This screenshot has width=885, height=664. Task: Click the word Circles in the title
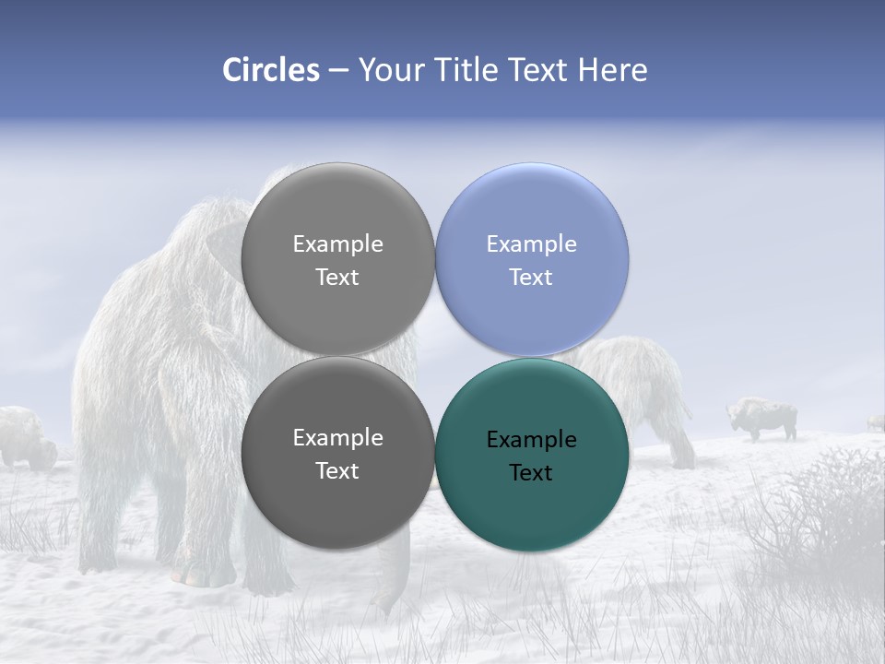(x=271, y=70)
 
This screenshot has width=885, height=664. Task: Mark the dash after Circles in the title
(x=337, y=71)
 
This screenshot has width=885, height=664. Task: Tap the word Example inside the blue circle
(x=531, y=244)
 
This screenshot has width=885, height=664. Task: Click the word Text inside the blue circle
(x=531, y=277)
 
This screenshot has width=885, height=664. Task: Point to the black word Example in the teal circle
(x=531, y=440)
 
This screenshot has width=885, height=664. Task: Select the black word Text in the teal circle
(x=531, y=472)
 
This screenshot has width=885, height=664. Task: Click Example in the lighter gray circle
(x=337, y=244)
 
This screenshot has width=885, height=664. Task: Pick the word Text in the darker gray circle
(x=337, y=470)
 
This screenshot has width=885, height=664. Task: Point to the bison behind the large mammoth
(x=26, y=437)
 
